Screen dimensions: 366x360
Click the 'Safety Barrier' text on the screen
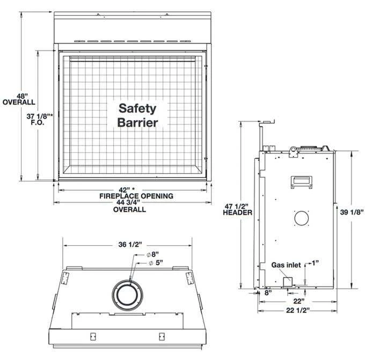point(137,115)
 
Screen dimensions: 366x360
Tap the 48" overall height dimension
point(19,99)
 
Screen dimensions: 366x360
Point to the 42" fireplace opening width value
point(127,190)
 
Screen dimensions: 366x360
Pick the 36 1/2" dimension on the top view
point(130,245)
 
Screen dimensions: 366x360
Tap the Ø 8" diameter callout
point(153,254)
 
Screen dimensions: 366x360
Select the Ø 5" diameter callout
point(156,263)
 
